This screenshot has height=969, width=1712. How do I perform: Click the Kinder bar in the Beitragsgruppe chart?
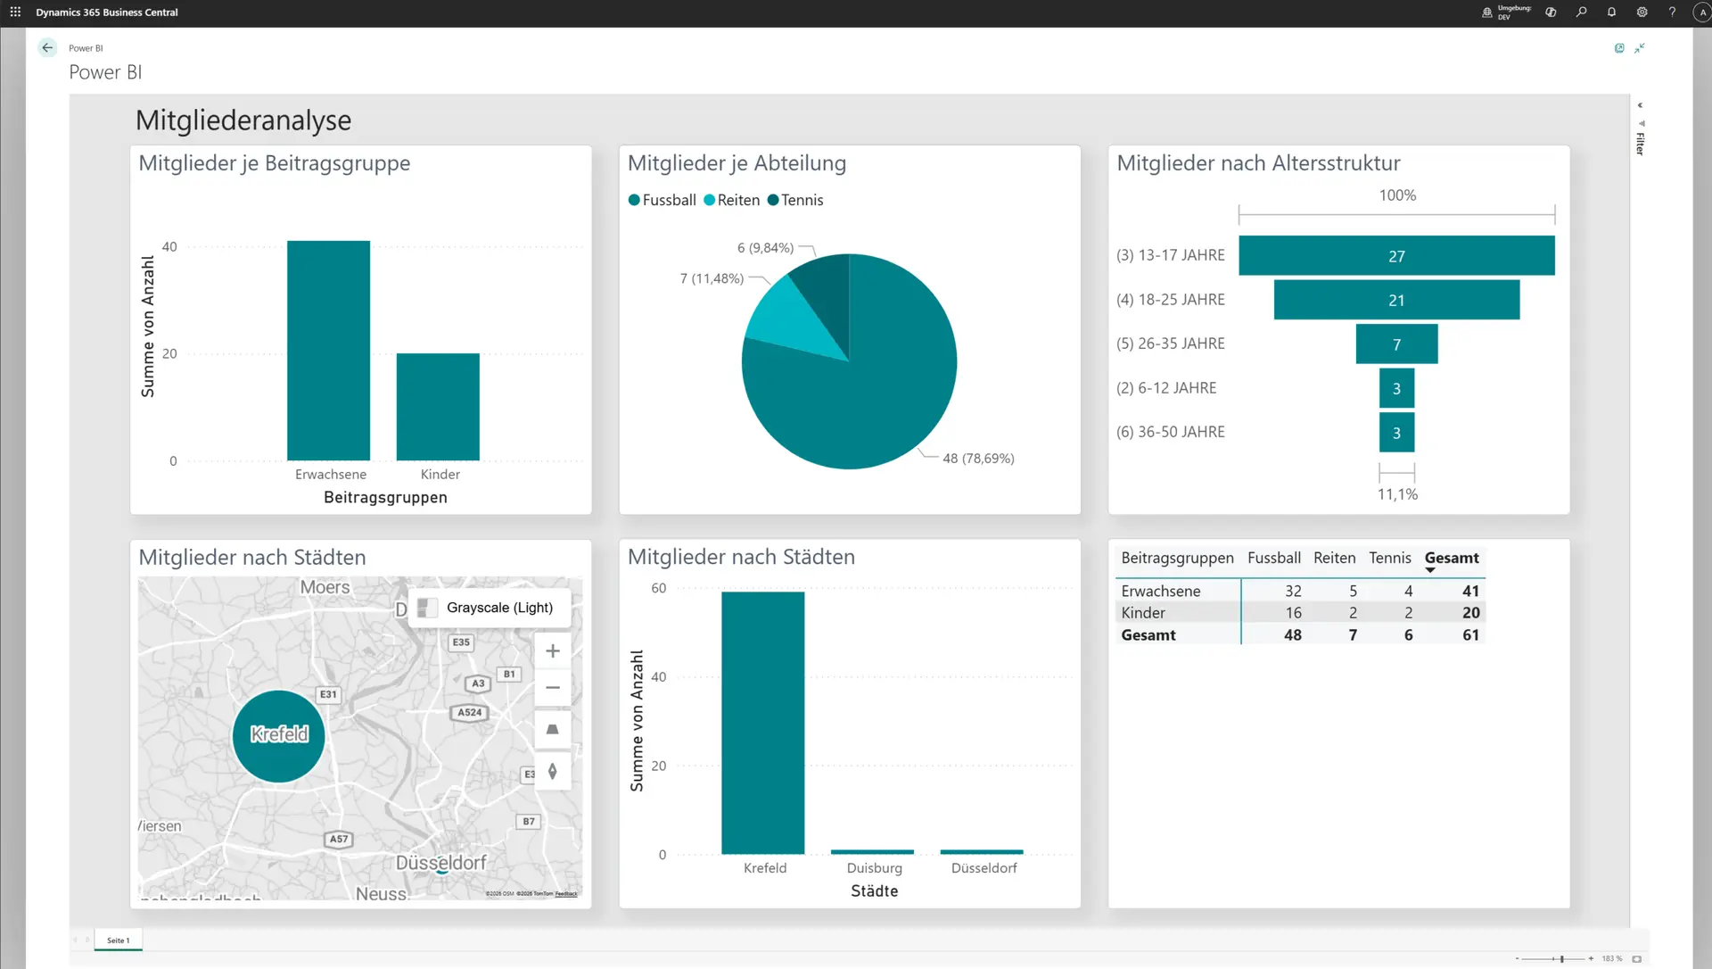coord(438,407)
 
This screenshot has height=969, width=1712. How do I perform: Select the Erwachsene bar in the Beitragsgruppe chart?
coord(328,350)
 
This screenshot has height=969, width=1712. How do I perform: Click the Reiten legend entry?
coord(732,200)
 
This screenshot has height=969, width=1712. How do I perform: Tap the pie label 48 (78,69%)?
coord(978,459)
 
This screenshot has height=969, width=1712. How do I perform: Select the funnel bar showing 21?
coord(1396,301)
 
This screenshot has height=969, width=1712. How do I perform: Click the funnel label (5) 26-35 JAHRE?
coord(1170,344)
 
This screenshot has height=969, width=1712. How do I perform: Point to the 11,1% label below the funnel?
coord(1397,494)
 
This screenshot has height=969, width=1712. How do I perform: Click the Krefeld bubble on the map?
coord(279,735)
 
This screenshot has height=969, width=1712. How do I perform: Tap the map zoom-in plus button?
coord(553,651)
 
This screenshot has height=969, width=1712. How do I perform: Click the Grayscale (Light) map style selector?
coord(489,608)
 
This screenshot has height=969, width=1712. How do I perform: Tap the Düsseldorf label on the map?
coord(441,863)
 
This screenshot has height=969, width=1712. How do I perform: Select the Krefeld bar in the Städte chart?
coord(762,723)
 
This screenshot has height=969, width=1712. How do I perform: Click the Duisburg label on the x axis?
coord(874,868)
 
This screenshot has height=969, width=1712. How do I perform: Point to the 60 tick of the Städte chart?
coord(658,589)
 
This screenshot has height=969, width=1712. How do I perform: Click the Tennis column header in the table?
coord(1389,558)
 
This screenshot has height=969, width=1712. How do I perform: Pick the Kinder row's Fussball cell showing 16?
coord(1293,613)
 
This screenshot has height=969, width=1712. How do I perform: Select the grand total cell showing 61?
coord(1470,635)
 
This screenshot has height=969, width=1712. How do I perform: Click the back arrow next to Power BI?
coord(47,48)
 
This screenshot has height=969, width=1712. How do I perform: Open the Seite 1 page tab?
coord(118,940)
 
